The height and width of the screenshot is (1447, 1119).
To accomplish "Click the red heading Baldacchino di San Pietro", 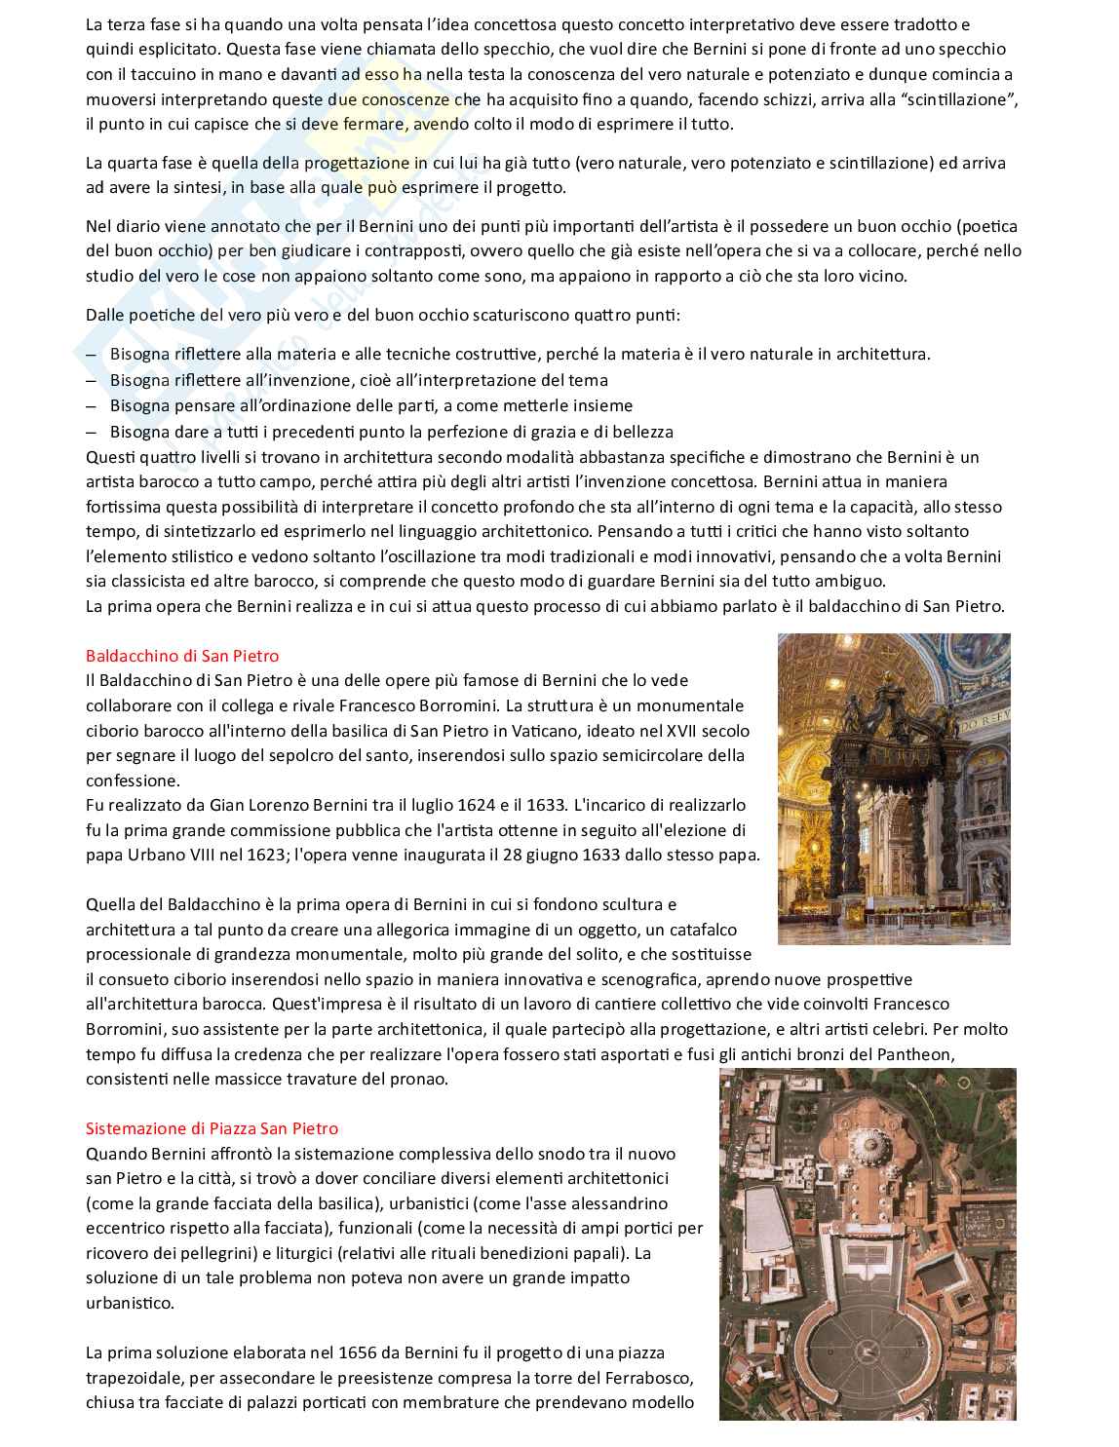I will tap(182, 655).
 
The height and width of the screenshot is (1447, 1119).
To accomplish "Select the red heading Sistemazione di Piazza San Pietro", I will tap(212, 1128).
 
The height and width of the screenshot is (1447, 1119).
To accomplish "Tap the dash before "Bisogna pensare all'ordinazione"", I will tap(91, 405).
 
